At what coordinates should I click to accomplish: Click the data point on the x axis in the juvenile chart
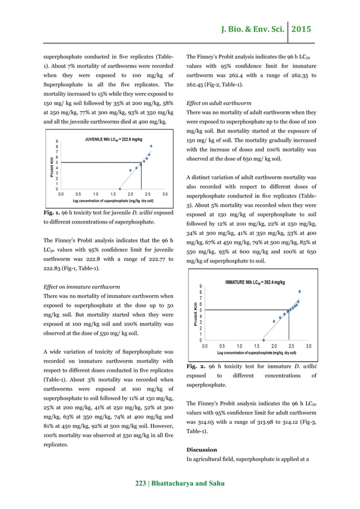pos(119,189)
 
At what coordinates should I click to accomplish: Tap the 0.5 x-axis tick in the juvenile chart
pos(78,194)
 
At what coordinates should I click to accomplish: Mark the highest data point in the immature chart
pos(300,292)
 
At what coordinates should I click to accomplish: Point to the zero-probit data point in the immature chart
pos(264,340)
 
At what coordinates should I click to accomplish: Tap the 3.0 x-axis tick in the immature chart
pos(309,346)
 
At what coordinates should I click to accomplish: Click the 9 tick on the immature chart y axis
pos(201,287)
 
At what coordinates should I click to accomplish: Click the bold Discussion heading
pos(201,450)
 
